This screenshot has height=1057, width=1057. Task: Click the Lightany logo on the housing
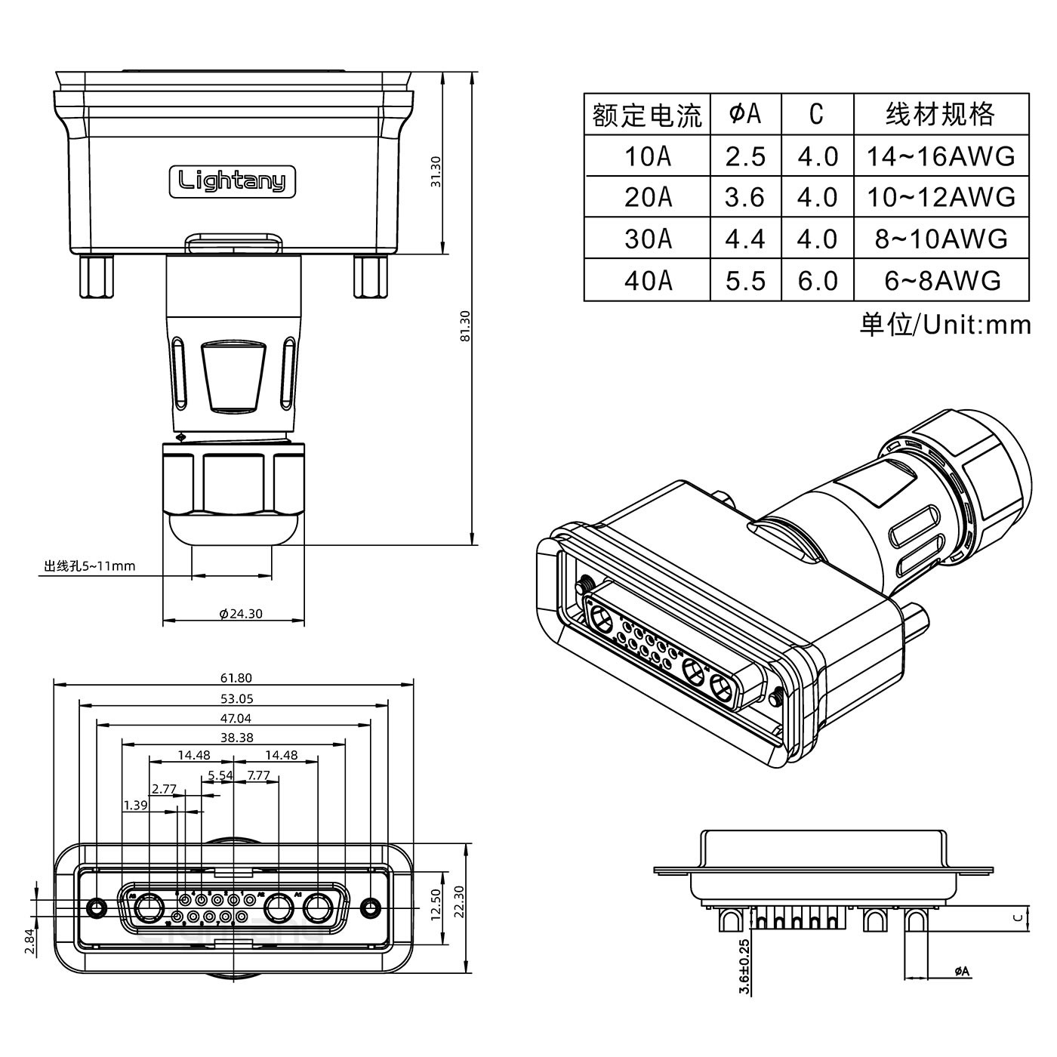(x=232, y=181)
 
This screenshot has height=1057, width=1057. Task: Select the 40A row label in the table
(x=648, y=281)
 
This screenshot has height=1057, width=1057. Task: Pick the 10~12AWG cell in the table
(x=941, y=198)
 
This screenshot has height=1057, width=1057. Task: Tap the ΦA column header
(x=745, y=115)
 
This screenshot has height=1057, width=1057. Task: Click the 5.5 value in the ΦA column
(x=745, y=281)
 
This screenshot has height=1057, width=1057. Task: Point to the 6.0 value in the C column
(x=818, y=281)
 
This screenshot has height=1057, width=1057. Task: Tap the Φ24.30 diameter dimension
(x=241, y=614)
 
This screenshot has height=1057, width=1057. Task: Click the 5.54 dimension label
(x=220, y=775)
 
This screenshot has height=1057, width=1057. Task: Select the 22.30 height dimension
(x=458, y=900)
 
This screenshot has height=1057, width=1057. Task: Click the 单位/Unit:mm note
(x=945, y=325)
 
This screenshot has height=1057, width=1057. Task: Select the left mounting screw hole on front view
(x=97, y=906)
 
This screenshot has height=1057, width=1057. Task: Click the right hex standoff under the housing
(x=370, y=276)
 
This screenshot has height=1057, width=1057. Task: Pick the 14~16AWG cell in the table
(x=941, y=157)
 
